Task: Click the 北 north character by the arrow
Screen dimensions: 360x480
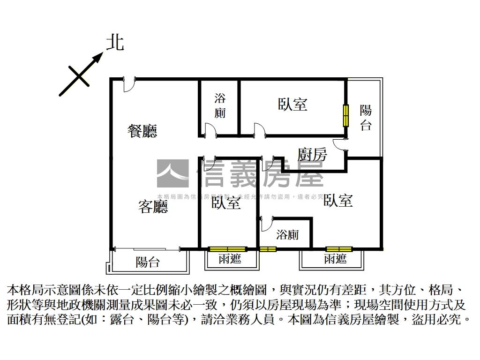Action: click(x=115, y=43)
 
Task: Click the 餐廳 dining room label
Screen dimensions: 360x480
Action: click(x=142, y=131)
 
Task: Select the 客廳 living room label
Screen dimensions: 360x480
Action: click(x=153, y=206)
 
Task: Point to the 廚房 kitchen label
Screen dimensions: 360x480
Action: click(x=312, y=154)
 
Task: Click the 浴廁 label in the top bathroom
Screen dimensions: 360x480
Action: click(x=220, y=105)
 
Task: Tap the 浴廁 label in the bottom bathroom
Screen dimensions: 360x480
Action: click(x=287, y=234)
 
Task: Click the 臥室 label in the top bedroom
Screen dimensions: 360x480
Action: click(x=292, y=104)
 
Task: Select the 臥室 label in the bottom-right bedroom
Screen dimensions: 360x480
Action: click(x=338, y=201)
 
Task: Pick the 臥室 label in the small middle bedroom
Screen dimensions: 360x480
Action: click(x=226, y=203)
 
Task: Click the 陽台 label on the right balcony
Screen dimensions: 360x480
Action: click(x=366, y=117)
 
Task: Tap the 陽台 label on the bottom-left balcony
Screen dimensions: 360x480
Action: click(x=148, y=262)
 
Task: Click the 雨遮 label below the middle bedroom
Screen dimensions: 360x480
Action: click(x=230, y=259)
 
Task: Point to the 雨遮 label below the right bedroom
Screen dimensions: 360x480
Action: click(x=335, y=259)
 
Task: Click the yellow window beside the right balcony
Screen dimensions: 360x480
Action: click(x=346, y=115)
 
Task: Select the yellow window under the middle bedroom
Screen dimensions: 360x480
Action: click(x=228, y=248)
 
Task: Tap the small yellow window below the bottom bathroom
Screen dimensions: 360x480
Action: click(x=268, y=248)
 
